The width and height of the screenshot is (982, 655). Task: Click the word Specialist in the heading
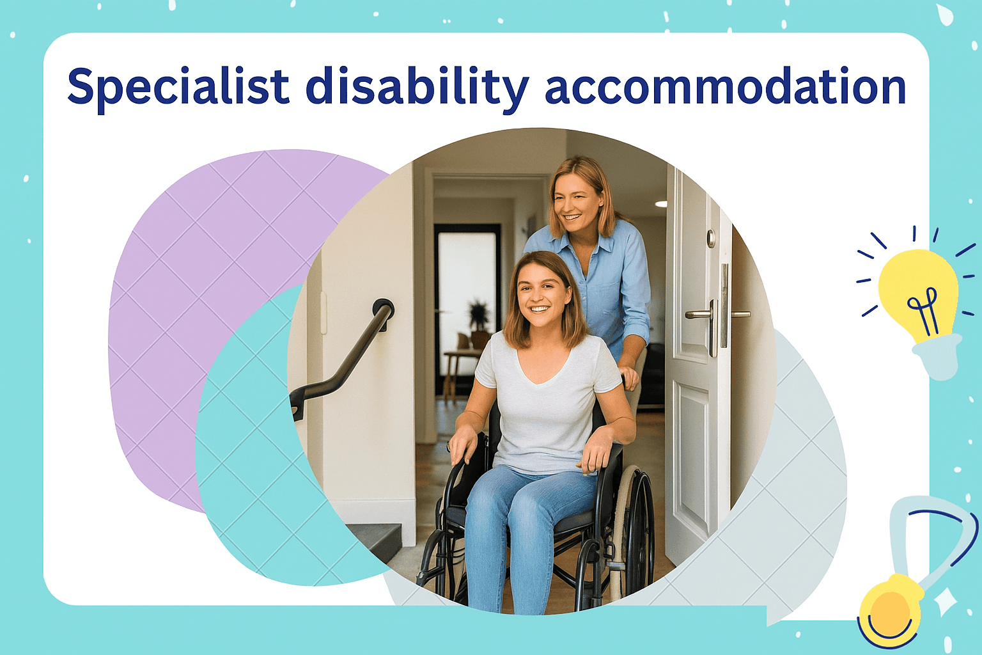[x=178, y=86]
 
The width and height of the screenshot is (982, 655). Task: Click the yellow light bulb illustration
[x=918, y=294]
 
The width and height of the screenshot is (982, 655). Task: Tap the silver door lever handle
[x=700, y=315]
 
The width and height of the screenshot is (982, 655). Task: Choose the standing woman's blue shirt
[x=607, y=281]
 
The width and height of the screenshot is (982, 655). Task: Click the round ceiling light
[x=660, y=204]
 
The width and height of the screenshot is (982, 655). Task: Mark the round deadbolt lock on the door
[x=711, y=238]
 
